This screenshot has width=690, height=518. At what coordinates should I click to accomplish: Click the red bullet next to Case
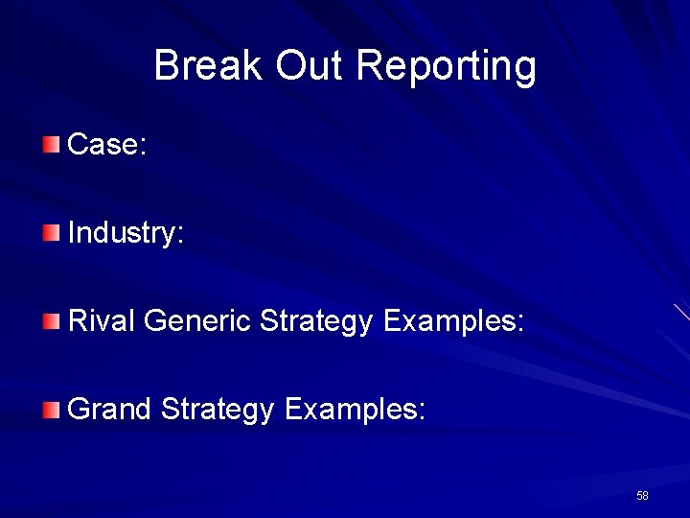coord(51,145)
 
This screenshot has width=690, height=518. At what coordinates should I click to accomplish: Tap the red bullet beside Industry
coord(51,232)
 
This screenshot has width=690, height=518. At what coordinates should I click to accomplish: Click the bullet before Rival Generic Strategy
coord(51,321)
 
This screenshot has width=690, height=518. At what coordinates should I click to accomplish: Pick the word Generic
coord(197,321)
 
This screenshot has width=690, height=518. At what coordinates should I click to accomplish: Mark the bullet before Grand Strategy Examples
coord(51,410)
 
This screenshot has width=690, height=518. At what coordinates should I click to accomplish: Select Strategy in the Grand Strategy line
coord(218,412)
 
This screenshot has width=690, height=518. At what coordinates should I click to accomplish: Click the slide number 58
coord(642,496)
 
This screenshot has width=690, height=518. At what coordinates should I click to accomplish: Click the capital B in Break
coord(165,66)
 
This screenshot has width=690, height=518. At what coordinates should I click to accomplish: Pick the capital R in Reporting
coord(368,66)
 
